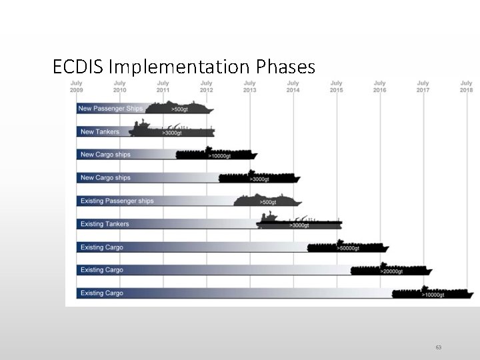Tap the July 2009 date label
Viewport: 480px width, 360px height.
(77, 87)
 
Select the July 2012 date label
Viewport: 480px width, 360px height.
(207, 87)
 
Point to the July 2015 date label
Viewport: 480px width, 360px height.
(336, 87)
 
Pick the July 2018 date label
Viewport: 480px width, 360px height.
(466, 87)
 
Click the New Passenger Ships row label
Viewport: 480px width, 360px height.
(110, 108)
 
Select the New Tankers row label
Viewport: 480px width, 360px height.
(100, 131)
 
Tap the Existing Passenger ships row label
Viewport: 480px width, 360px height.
(117, 201)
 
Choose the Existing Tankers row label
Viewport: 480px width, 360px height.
(105, 224)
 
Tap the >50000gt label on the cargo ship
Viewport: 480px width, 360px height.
(349, 248)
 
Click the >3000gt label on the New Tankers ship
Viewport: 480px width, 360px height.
(171, 133)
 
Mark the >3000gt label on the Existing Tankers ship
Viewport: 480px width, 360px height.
(299, 225)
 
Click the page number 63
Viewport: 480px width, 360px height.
(439, 347)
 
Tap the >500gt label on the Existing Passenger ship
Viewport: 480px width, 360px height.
(267, 202)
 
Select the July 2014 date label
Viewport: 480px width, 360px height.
(293, 87)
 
